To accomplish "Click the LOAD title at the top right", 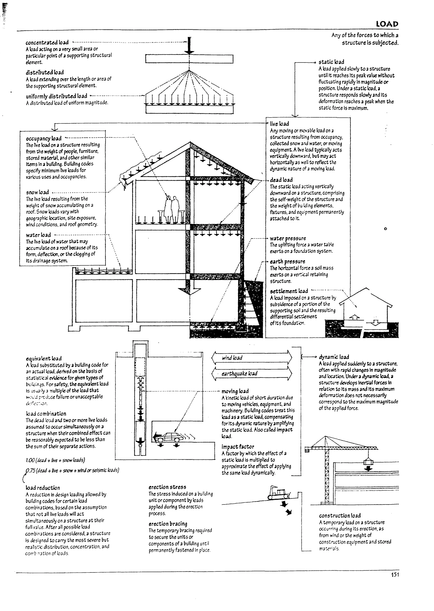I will click(x=387, y=24).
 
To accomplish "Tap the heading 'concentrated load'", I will click(x=47, y=43).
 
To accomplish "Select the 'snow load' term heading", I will click(x=38, y=192).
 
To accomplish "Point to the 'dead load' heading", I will click(x=281, y=180).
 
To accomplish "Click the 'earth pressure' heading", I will click(x=287, y=262).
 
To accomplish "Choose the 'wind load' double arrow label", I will click(x=232, y=358).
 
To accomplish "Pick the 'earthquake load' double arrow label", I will click(x=239, y=374).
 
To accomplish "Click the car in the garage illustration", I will click(x=170, y=437).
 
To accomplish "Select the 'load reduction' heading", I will click(x=43, y=488).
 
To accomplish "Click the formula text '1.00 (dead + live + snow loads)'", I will click(x=56, y=460).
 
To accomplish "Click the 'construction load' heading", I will click(x=340, y=516).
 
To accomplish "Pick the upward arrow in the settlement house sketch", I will click(x=355, y=317).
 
